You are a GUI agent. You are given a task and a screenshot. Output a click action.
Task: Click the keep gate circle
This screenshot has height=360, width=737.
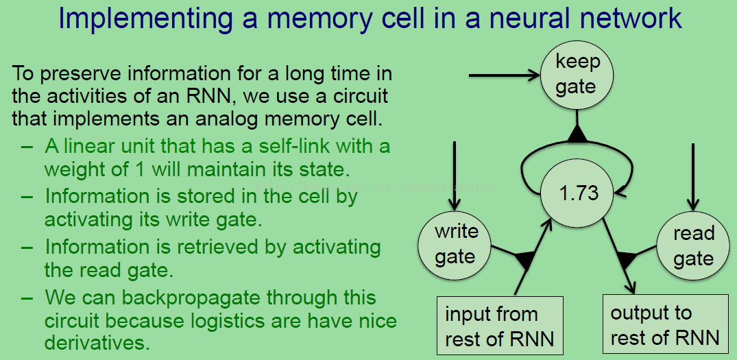pyautogui.click(x=576, y=75)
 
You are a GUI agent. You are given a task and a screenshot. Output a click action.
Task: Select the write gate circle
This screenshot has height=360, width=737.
pyautogui.click(x=455, y=244)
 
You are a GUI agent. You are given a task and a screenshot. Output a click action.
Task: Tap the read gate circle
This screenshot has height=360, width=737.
pyautogui.click(x=693, y=245)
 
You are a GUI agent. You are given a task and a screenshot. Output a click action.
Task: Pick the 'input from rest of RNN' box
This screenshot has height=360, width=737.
pyautogui.click(x=500, y=326)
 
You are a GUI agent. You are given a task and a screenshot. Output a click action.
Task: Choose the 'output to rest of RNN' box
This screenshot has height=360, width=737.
pyautogui.click(x=664, y=325)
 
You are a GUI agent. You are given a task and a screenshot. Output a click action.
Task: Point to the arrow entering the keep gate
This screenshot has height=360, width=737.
pyautogui.click(x=504, y=74)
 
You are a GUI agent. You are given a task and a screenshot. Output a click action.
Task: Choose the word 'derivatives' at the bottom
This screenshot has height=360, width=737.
pyautogui.click(x=97, y=341)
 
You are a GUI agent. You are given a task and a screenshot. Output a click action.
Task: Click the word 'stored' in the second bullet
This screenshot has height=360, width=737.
pyautogui.click(x=195, y=196)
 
